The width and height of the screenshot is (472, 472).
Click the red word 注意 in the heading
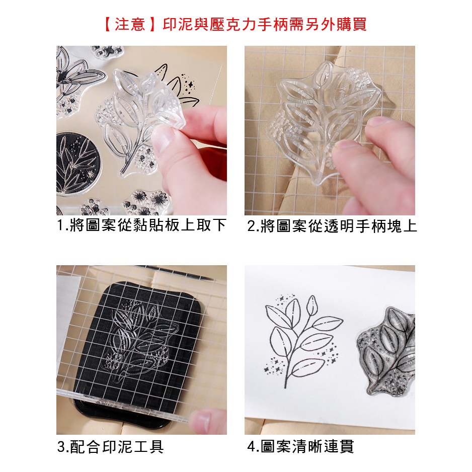130,24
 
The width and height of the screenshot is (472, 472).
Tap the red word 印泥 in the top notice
178,24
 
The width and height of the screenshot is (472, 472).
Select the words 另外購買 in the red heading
336,24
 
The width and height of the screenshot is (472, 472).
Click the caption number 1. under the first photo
62,225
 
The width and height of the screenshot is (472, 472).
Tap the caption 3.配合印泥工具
111,447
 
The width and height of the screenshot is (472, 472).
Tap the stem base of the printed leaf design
286,385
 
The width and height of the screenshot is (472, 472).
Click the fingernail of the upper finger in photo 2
377,122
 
